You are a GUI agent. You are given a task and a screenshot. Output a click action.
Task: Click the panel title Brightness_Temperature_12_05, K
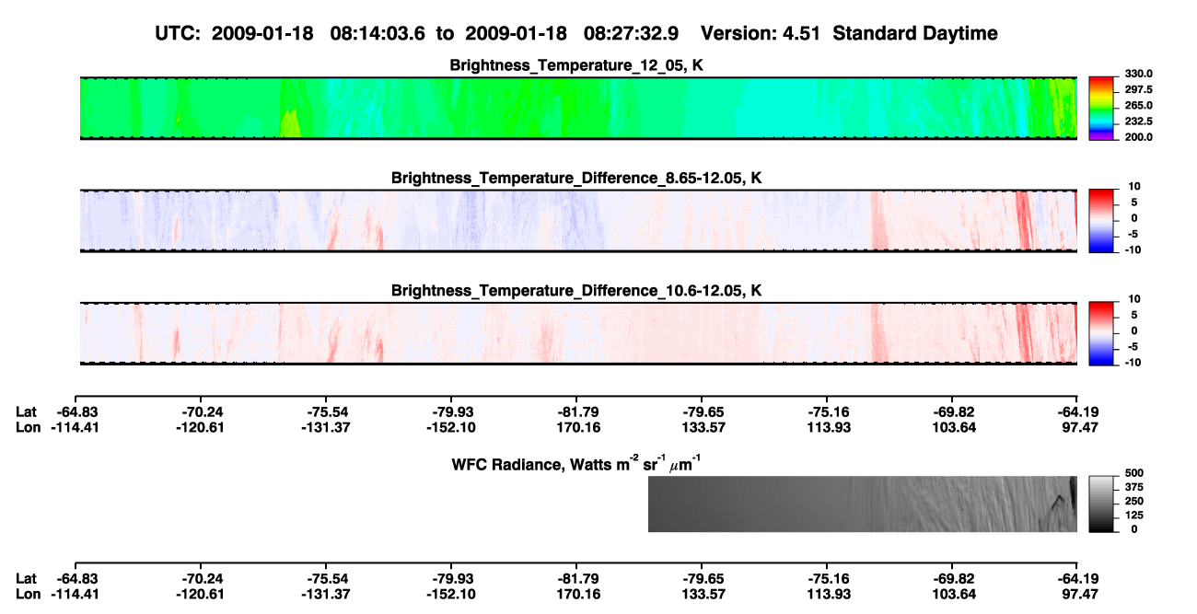(x=576, y=65)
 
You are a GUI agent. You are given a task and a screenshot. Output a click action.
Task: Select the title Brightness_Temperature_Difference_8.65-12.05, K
(x=576, y=178)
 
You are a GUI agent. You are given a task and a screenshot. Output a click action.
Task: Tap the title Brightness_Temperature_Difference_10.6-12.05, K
(x=576, y=291)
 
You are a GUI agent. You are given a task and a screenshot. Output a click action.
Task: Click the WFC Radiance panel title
(x=576, y=464)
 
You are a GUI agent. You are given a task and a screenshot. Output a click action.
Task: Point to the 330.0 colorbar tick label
(x=1138, y=74)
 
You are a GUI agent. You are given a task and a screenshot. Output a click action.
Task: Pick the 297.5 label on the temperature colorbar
(x=1138, y=90)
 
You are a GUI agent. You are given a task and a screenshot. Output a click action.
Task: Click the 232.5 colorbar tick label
(x=1138, y=122)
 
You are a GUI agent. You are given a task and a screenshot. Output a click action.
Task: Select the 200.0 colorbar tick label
(x=1138, y=137)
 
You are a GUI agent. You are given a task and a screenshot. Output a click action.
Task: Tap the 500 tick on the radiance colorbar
(x=1134, y=473)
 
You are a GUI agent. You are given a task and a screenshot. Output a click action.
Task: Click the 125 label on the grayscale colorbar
(x=1134, y=516)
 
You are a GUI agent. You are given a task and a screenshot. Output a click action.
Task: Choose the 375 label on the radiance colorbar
(x=1134, y=487)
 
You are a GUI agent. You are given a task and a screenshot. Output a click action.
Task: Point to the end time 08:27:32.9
(x=631, y=33)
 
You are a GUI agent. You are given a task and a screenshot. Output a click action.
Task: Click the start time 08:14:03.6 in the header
(x=378, y=33)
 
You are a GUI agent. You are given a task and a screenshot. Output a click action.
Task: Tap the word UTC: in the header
(x=178, y=33)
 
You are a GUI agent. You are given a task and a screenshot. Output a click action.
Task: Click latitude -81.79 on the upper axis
(x=578, y=412)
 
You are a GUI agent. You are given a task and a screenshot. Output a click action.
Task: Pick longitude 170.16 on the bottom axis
(x=578, y=595)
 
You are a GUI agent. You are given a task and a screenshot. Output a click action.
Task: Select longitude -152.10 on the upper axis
(x=450, y=427)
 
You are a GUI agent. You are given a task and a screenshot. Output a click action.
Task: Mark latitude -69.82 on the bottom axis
(x=954, y=579)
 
